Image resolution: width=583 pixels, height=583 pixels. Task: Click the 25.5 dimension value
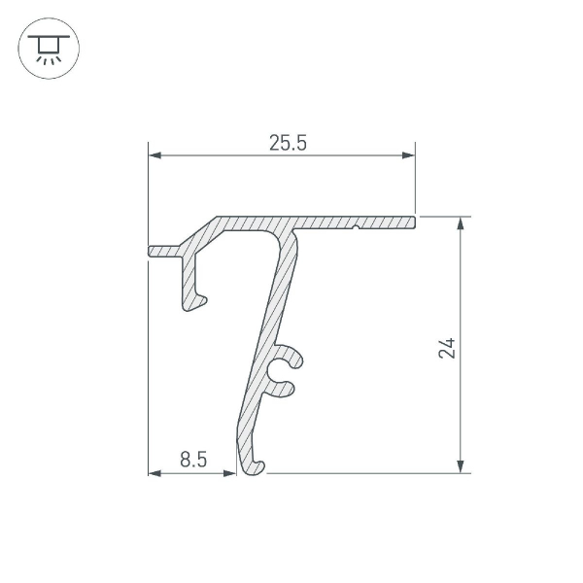coord(288,144)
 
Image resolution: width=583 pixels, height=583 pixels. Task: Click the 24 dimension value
coord(446,347)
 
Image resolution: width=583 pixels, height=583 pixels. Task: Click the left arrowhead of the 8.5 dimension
coord(154,473)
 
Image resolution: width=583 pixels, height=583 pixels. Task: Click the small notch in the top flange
coord(359,229)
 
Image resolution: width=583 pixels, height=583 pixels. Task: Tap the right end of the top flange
coord(411,223)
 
